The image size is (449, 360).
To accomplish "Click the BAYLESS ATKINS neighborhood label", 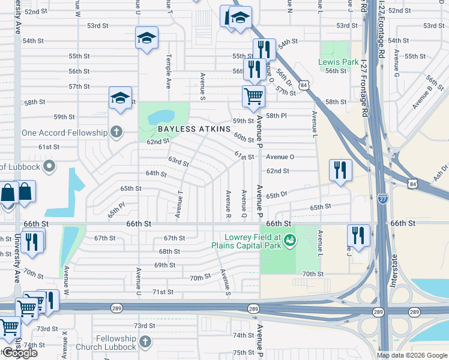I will tap(194, 129).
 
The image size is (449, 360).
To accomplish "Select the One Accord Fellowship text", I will tap(64, 133).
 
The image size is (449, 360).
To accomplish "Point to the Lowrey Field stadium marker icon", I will tap(291, 240).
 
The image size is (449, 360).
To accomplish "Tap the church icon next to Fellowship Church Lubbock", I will tap(144, 342).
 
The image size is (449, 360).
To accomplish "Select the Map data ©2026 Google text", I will tap(411, 355).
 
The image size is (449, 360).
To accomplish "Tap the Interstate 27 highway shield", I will tap(383, 198).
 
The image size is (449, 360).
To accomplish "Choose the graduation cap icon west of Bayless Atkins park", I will tap(120, 98).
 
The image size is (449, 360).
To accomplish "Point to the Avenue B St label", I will tap(427, 96).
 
